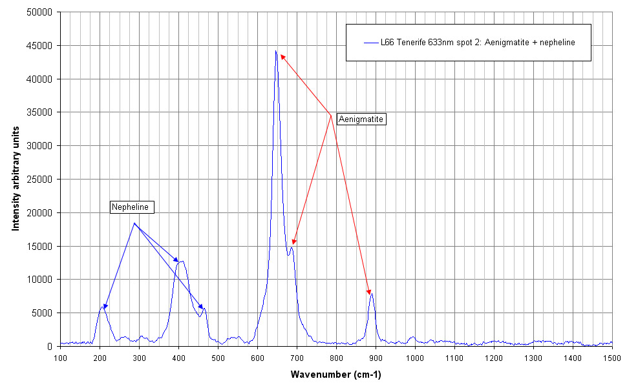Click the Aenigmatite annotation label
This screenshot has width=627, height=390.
click(x=361, y=119)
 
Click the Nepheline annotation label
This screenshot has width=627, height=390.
click(x=133, y=207)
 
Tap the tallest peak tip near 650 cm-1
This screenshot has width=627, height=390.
click(x=276, y=51)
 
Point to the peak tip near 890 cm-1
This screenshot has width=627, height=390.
click(x=372, y=294)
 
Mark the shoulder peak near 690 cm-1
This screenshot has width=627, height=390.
click(x=292, y=247)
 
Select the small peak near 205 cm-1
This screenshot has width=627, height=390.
click(x=101, y=307)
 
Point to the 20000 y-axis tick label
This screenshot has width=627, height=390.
click(x=41, y=213)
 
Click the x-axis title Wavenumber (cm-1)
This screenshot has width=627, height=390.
click(x=335, y=375)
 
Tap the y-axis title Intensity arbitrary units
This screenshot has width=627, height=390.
click(x=16, y=179)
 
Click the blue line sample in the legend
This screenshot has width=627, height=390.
click(x=370, y=43)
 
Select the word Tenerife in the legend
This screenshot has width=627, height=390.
click(x=410, y=43)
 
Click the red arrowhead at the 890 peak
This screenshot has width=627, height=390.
click(x=370, y=292)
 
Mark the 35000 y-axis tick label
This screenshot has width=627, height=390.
click(x=41, y=112)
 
